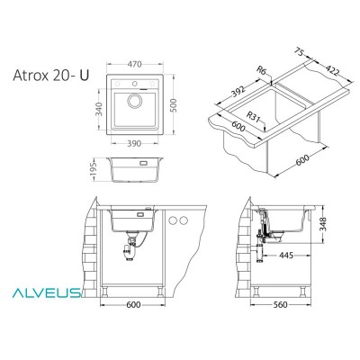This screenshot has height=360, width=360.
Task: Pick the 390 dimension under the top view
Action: pyautogui.click(x=133, y=146)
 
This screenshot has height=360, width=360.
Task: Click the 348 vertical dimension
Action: pyautogui.click(x=334, y=224)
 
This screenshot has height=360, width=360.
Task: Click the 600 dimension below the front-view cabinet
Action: pyautogui.click(x=133, y=304)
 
